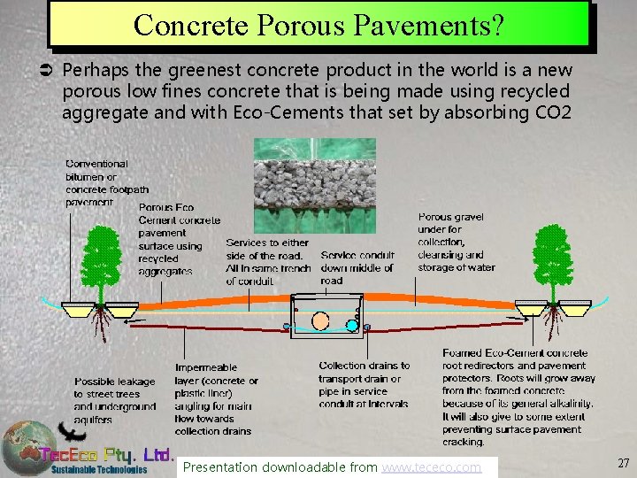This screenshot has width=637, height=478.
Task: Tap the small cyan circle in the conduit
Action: coord(351,325)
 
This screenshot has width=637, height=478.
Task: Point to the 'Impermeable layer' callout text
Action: coord(217,399)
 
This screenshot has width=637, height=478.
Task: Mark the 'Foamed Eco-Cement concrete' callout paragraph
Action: coord(518,397)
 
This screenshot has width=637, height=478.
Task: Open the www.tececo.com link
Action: coord(431,466)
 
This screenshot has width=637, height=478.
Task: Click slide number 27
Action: coord(622,462)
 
